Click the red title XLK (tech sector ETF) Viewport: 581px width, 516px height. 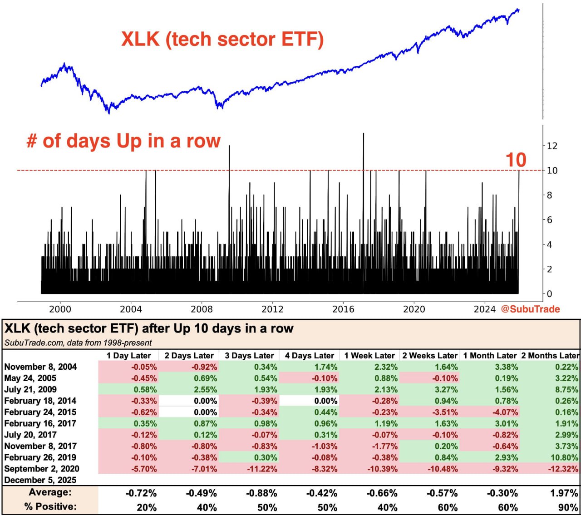(x=222, y=39)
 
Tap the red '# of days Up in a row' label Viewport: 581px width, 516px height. (x=123, y=141)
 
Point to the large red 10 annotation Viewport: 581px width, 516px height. (x=516, y=160)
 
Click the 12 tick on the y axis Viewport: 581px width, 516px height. (x=552, y=146)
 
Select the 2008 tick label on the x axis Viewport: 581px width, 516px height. (x=202, y=309)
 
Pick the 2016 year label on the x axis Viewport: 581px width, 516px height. (x=343, y=309)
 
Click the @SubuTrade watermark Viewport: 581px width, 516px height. (x=530, y=309)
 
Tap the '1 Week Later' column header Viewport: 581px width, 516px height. (x=369, y=356)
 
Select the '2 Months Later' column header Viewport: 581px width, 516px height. (x=550, y=356)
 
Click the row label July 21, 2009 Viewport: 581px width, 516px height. (x=30, y=390)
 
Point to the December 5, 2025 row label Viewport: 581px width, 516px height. (x=40, y=480)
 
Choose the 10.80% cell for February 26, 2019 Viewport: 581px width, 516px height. (x=563, y=457)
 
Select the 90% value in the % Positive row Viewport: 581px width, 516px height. (x=568, y=507)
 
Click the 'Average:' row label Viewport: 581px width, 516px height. (x=50, y=492)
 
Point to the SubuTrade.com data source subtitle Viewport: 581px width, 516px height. (x=78, y=343)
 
